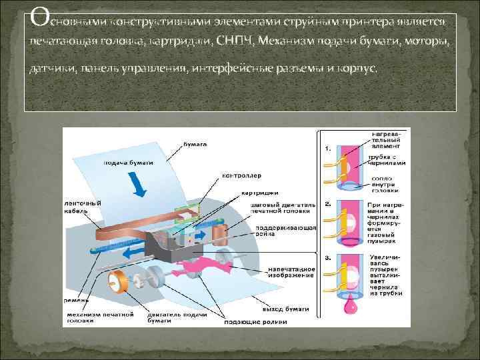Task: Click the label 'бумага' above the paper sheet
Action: click(195, 144)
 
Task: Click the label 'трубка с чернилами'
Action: click(386, 160)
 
